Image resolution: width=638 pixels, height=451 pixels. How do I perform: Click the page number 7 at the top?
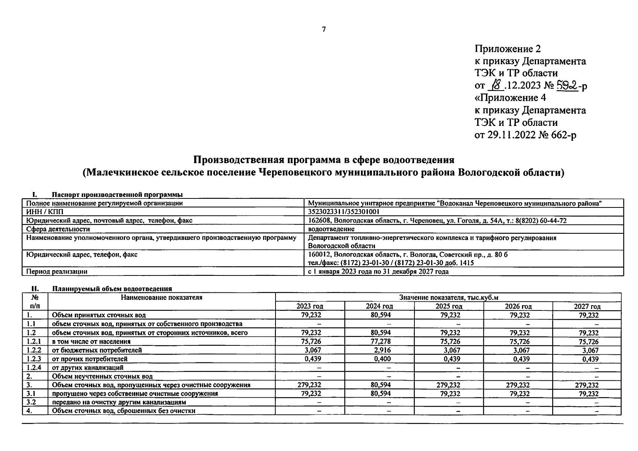coord(324,30)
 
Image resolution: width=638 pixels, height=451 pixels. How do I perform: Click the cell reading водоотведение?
coord(331,229)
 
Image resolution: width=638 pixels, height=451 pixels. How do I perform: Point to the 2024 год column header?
coord(379,306)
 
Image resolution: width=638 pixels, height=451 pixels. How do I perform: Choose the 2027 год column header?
coord(587,306)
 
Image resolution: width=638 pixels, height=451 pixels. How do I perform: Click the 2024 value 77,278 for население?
coord(381,342)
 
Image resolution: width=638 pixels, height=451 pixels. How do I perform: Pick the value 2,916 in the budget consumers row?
coord(382,350)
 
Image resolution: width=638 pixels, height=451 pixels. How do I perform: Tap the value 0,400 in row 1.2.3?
coord(382,359)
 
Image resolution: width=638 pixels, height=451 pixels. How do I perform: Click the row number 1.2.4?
coord(34,368)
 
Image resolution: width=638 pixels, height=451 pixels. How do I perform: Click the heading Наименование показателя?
coord(161,298)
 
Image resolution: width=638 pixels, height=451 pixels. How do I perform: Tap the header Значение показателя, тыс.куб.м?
coord(448,298)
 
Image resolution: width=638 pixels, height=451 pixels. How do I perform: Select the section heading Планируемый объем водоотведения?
coord(112,289)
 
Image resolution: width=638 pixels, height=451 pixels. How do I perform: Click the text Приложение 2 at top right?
coord(508,49)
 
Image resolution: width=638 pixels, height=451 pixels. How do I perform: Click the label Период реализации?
coord(57,271)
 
